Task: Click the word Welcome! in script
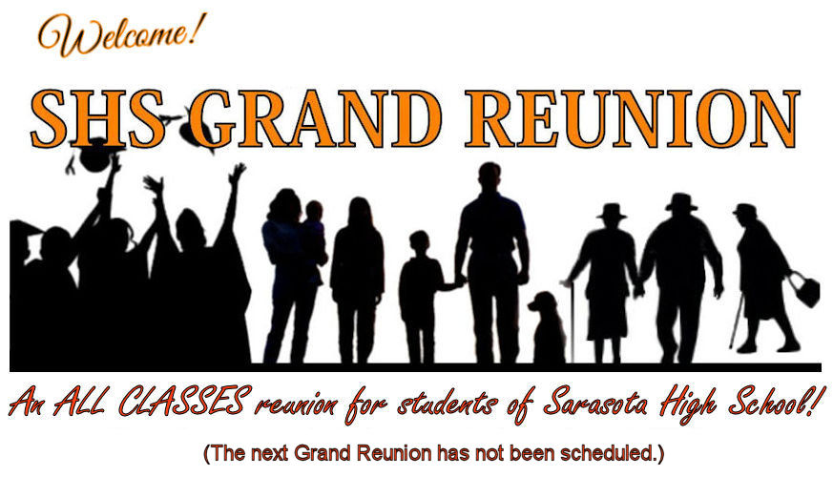(121, 35)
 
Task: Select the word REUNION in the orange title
(633, 118)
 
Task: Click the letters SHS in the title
(99, 118)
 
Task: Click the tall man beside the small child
(492, 263)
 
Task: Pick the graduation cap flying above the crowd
(94, 155)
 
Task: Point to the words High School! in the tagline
(742, 404)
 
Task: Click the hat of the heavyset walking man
(681, 202)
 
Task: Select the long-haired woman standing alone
(357, 280)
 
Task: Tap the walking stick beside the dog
(573, 323)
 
